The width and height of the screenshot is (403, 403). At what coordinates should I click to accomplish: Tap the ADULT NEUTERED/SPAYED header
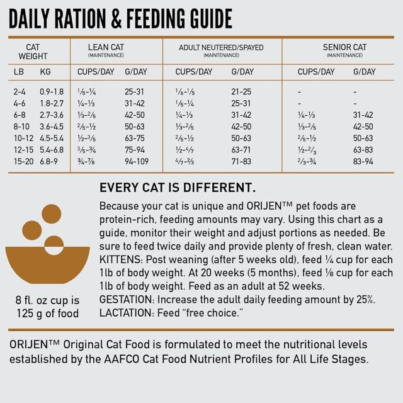click(x=221, y=47)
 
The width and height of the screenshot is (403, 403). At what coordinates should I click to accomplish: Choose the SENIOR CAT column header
click(x=344, y=47)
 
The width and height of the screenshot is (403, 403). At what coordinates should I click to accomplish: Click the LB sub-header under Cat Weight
click(x=19, y=72)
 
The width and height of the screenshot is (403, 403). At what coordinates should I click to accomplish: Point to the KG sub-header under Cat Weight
click(x=45, y=72)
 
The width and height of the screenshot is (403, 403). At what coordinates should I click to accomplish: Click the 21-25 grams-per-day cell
click(x=241, y=92)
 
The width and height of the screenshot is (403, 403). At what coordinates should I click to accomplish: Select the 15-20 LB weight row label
click(x=23, y=161)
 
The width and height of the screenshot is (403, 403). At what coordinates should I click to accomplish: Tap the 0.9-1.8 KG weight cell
click(x=52, y=92)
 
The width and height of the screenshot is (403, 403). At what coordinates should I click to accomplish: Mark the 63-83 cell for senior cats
click(x=363, y=150)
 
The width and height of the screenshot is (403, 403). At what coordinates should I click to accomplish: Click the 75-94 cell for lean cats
click(x=136, y=150)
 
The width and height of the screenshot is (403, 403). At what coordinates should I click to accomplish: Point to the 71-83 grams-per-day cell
click(x=241, y=161)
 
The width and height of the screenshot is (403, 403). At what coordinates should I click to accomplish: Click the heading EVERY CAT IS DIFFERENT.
click(x=178, y=187)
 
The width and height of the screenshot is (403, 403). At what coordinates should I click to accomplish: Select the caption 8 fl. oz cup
click(x=48, y=299)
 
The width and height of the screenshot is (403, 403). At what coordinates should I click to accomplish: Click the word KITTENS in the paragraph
click(x=121, y=259)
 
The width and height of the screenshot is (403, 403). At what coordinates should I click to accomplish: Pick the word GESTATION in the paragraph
click(x=127, y=300)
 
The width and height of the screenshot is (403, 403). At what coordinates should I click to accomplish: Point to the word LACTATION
click(x=127, y=313)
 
